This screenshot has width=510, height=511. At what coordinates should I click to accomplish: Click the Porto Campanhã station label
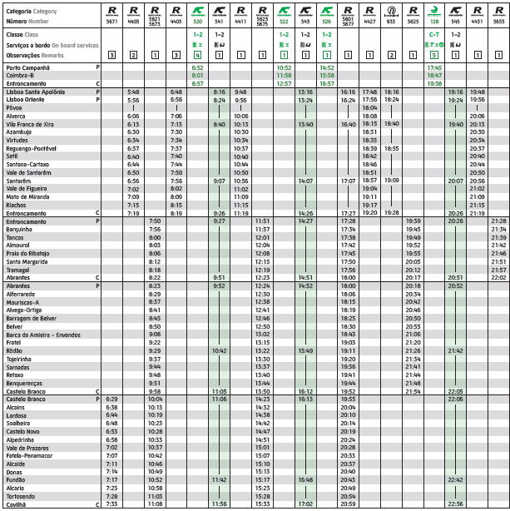(x=27, y=67)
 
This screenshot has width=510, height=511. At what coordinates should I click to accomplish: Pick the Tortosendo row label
(x=23, y=496)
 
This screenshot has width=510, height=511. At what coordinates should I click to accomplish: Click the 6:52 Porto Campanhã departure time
(x=197, y=67)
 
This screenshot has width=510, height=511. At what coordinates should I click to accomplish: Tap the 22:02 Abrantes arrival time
(x=498, y=278)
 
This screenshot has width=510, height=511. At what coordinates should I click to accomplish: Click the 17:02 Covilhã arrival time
(x=305, y=504)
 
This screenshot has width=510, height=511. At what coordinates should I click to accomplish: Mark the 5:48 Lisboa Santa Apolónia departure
(x=133, y=92)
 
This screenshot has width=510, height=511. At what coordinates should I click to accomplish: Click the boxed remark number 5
(x=434, y=54)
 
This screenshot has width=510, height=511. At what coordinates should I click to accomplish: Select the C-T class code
(x=434, y=35)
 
